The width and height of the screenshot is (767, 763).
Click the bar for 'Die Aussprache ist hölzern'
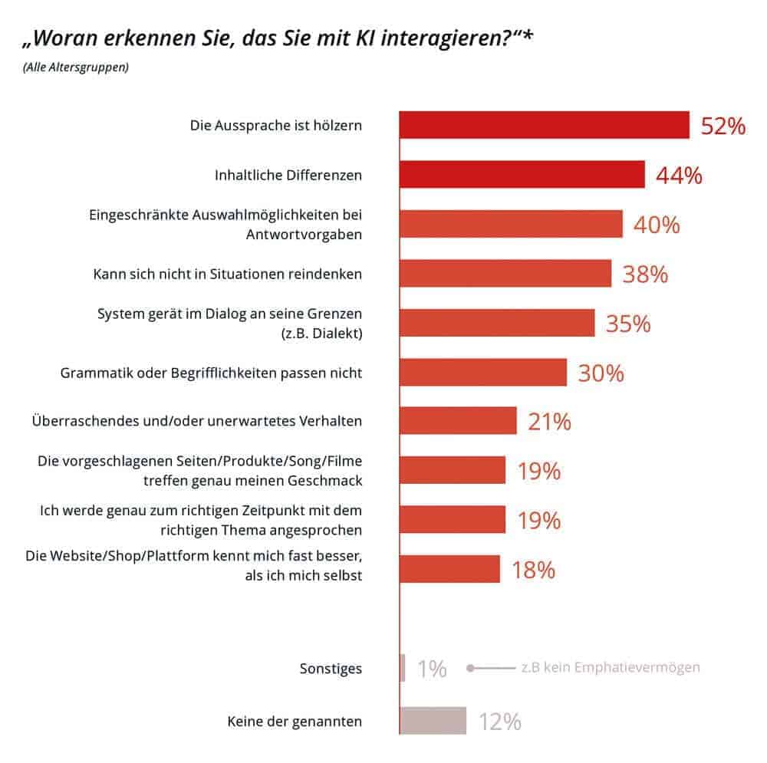[544, 125]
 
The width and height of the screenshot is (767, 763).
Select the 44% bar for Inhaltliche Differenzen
[522, 175]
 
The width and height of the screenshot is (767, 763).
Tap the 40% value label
[656, 225]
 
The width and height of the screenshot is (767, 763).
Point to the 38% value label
[645, 274]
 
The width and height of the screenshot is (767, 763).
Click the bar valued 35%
[496, 323]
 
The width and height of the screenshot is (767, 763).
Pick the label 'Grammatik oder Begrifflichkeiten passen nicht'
[211, 373]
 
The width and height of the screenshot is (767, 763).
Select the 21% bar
[458, 421]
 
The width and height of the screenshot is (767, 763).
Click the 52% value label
[723, 127]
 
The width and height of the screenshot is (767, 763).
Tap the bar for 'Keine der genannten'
[433, 721]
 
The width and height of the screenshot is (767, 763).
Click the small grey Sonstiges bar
[403, 668]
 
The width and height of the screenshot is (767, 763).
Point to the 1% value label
[432, 669]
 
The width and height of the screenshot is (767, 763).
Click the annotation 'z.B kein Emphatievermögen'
[610, 668]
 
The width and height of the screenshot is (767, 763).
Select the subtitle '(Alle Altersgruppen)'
[76, 67]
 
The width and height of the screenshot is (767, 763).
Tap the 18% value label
[533, 570]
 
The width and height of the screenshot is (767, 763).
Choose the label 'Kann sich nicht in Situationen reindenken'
[227, 274]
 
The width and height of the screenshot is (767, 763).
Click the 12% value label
[500, 722]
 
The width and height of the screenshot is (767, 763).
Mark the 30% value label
[601, 373]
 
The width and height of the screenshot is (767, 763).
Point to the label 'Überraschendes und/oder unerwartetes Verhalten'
[197, 421]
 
